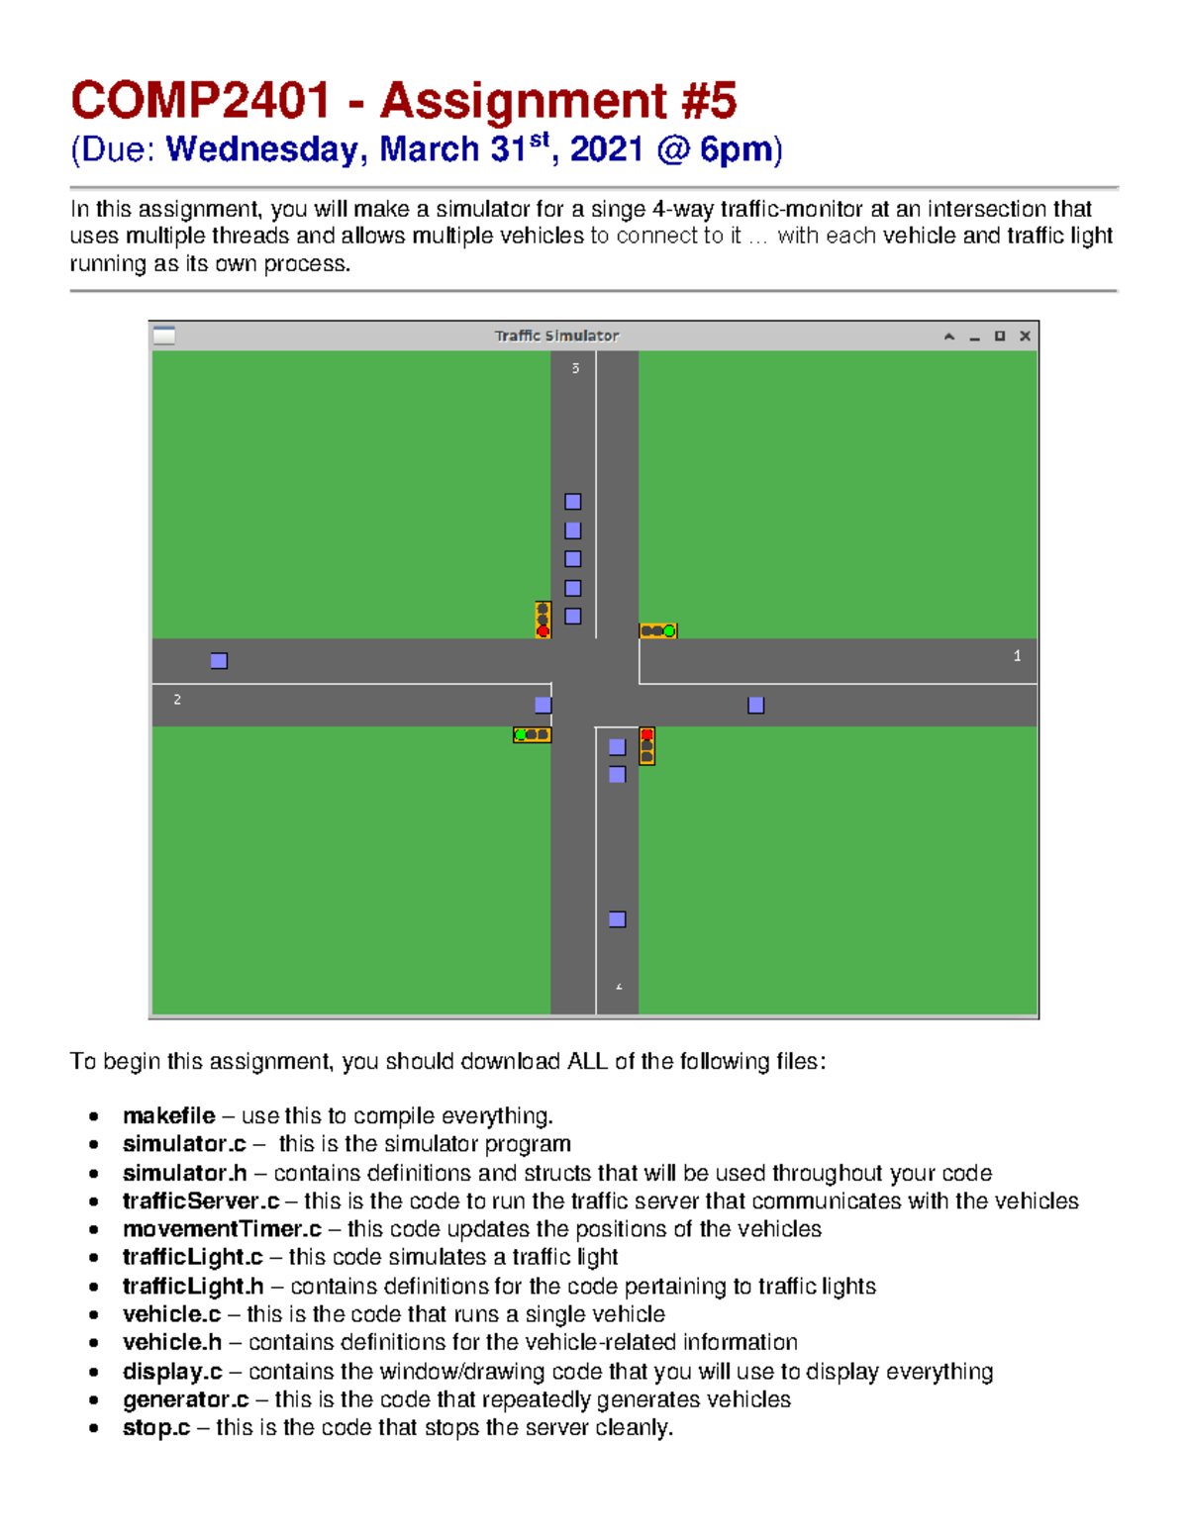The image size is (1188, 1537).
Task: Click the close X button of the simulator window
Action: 1025,336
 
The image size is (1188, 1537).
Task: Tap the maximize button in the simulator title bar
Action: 1000,336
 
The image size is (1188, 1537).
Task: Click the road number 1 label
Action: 1017,656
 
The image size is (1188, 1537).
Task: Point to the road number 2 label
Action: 177,700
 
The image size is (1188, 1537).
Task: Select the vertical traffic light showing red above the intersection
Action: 543,620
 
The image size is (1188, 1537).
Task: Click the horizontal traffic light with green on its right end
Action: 657,630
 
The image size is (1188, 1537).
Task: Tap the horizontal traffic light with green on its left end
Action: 532,734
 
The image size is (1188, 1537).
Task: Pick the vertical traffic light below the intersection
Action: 646,745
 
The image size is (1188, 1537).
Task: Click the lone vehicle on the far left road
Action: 219,660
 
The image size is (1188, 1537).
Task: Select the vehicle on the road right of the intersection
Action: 755,705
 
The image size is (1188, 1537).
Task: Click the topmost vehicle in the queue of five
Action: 572,502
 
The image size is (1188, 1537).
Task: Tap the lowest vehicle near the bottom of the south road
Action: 617,919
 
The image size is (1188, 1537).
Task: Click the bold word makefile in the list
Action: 168,1115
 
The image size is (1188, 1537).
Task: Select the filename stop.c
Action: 156,1427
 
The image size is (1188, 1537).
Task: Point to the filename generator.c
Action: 185,1399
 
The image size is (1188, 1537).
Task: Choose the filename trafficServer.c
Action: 201,1201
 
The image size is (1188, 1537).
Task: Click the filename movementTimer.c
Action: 222,1228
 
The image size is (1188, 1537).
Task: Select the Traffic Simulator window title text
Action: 556,336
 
